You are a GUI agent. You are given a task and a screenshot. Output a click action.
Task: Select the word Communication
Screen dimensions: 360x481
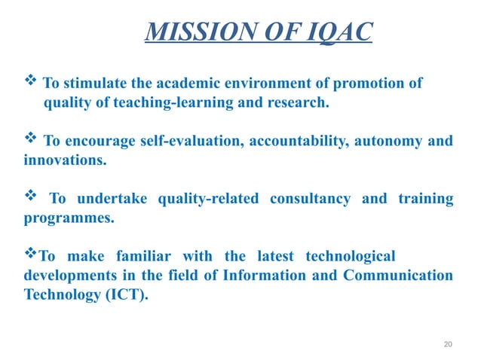point(398,276)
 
